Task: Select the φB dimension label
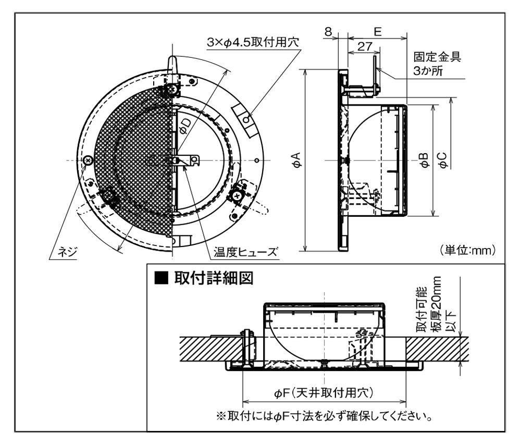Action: coord(425,160)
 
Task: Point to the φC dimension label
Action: coord(443,160)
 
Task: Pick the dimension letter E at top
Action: coord(377,31)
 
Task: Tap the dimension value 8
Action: coord(328,31)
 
